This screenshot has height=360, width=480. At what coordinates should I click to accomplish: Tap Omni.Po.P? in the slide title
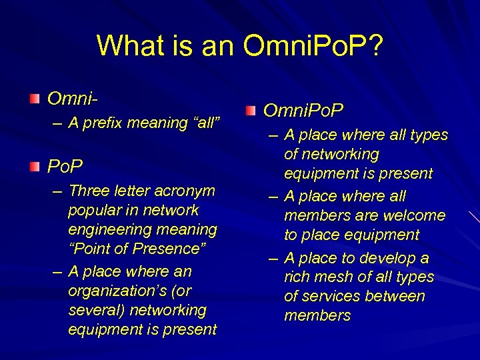[x=313, y=46]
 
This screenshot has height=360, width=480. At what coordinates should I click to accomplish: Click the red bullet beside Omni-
[x=35, y=99]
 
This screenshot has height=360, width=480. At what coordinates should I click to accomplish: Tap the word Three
[x=89, y=191]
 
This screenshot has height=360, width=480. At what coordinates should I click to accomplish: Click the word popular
[x=95, y=210]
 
